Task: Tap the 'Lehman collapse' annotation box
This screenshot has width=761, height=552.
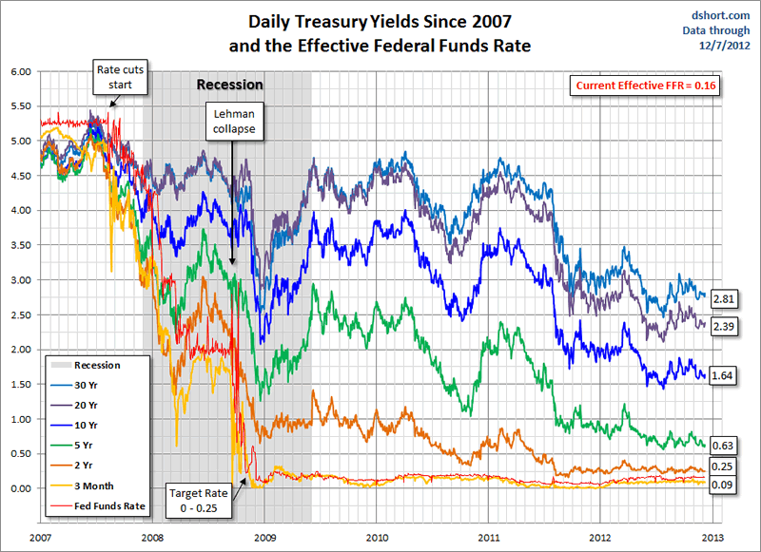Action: [x=232, y=121]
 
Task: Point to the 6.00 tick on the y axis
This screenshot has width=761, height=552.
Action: [x=21, y=71]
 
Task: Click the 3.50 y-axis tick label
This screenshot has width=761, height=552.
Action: [x=21, y=245]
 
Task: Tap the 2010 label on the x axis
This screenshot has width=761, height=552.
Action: [x=377, y=537]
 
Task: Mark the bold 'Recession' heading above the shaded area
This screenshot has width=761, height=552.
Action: [x=229, y=85]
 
